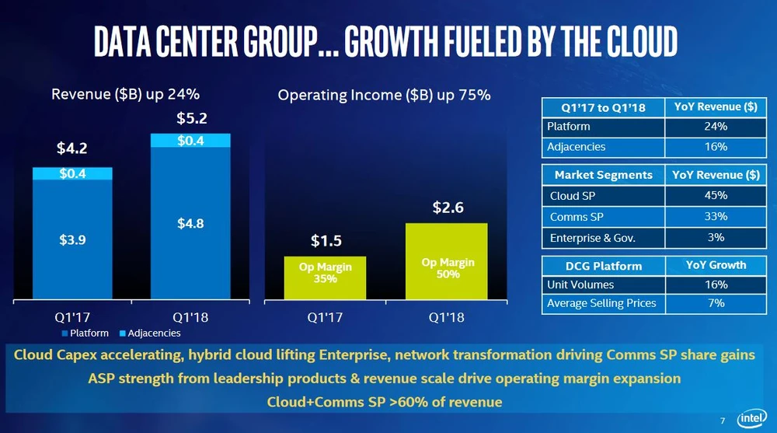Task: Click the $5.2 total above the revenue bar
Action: [x=190, y=119]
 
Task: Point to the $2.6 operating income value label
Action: [x=448, y=208]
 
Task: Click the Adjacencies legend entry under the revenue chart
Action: [x=151, y=333]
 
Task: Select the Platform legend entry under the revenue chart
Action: [x=85, y=333]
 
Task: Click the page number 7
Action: [x=723, y=421]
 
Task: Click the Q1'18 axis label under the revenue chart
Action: [x=190, y=317]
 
